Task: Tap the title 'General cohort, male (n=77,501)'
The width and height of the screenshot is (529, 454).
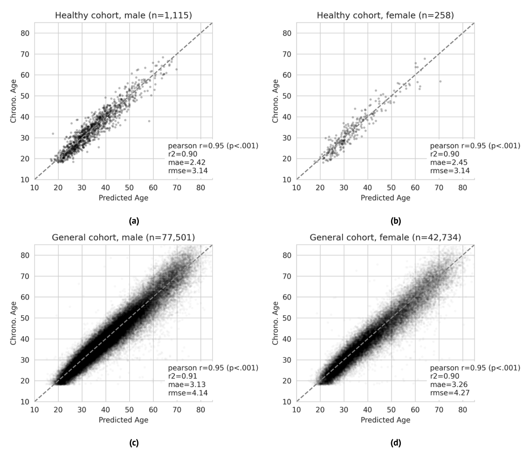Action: (123, 237)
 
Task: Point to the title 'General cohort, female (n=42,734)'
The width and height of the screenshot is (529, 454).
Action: (385, 237)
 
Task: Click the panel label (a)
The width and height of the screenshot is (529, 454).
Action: (124, 220)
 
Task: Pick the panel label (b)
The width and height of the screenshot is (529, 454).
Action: (385, 220)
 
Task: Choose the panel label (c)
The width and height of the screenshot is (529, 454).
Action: (124, 442)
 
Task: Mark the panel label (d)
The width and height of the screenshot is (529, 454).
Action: (385, 442)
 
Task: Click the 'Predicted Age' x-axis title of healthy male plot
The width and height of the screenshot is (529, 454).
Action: (123, 198)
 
